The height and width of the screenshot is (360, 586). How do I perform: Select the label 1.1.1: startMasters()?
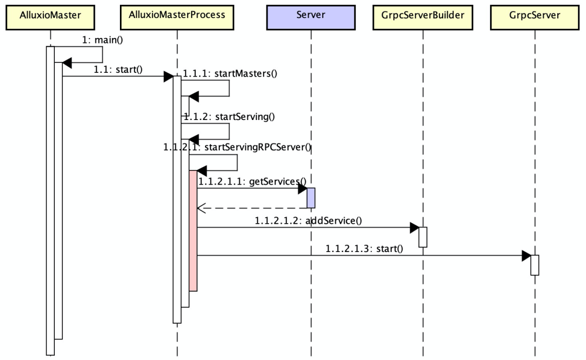pyautogui.click(x=230, y=73)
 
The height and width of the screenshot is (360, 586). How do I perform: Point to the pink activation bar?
pyautogui.click(x=193, y=231)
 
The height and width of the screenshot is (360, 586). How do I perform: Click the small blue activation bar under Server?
pyautogui.click(x=311, y=198)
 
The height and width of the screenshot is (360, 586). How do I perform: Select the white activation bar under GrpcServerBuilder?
pyautogui.click(x=422, y=237)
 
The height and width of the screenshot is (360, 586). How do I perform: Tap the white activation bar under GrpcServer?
pyautogui.click(x=534, y=265)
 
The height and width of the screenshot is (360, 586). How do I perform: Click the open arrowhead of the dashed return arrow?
pyautogui.click(x=201, y=207)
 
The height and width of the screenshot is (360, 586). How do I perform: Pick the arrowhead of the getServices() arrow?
pyautogui.click(x=302, y=188)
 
